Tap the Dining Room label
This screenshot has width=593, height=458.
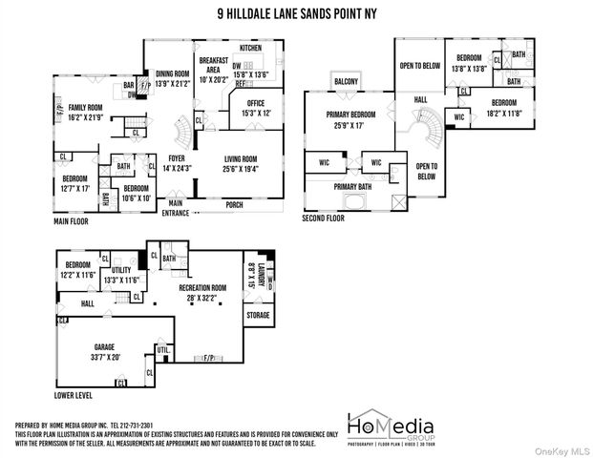[x=173, y=73]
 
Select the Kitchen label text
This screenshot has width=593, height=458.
[x=250, y=47]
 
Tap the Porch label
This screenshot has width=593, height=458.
[x=234, y=204]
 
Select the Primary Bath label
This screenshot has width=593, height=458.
[x=352, y=187]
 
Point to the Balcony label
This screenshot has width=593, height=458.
[x=346, y=82]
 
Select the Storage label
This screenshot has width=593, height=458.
[x=258, y=314]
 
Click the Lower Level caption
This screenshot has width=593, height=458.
[x=74, y=394]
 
